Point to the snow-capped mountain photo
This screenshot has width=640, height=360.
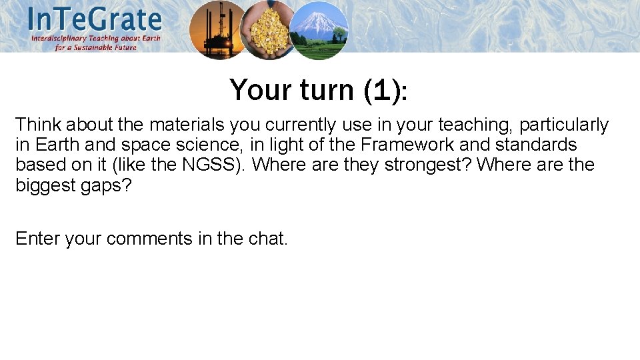tap(318, 30)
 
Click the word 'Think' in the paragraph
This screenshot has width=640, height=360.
tap(37, 125)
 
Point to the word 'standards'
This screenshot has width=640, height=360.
tap(536, 145)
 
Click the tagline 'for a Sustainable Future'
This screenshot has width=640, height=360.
tap(96, 47)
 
